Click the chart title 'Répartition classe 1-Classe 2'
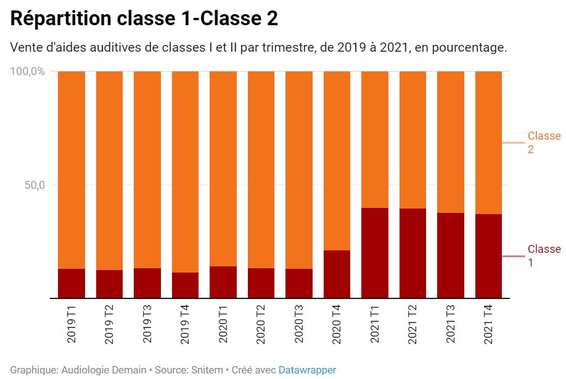coord(144,18)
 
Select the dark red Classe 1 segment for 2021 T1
coord(375,253)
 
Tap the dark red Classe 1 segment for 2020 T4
coord(337,274)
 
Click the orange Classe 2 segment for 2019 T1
coord(72,170)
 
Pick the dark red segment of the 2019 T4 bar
coord(185,285)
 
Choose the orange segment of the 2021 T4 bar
coord(488,143)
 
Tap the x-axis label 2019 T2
coord(110,322)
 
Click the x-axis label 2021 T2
coord(413,322)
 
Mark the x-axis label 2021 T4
coord(488,322)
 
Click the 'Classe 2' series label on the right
coord(543,143)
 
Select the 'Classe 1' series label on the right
coord(543,256)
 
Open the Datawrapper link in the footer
coord(307,370)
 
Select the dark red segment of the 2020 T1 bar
coord(223,282)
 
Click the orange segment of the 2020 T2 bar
coord(261,170)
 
